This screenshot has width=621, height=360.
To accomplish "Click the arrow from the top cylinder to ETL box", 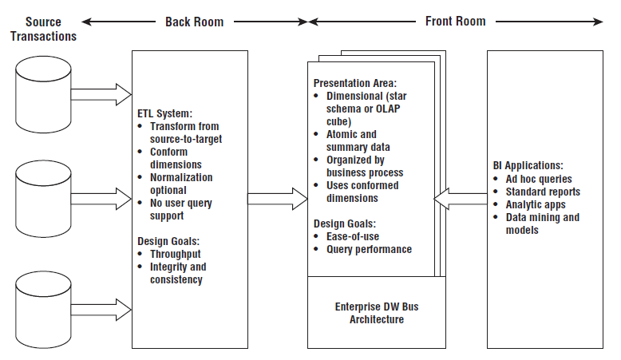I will click(102, 93).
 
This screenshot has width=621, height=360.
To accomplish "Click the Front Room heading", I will click(454, 22).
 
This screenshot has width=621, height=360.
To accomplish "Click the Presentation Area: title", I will click(354, 82).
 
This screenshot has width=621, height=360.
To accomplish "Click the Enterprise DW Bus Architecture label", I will click(377, 313).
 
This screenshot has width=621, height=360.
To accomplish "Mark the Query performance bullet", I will click(369, 249).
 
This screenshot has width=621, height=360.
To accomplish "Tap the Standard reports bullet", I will click(543, 192).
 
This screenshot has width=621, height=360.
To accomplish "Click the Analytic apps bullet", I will click(536, 204).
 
